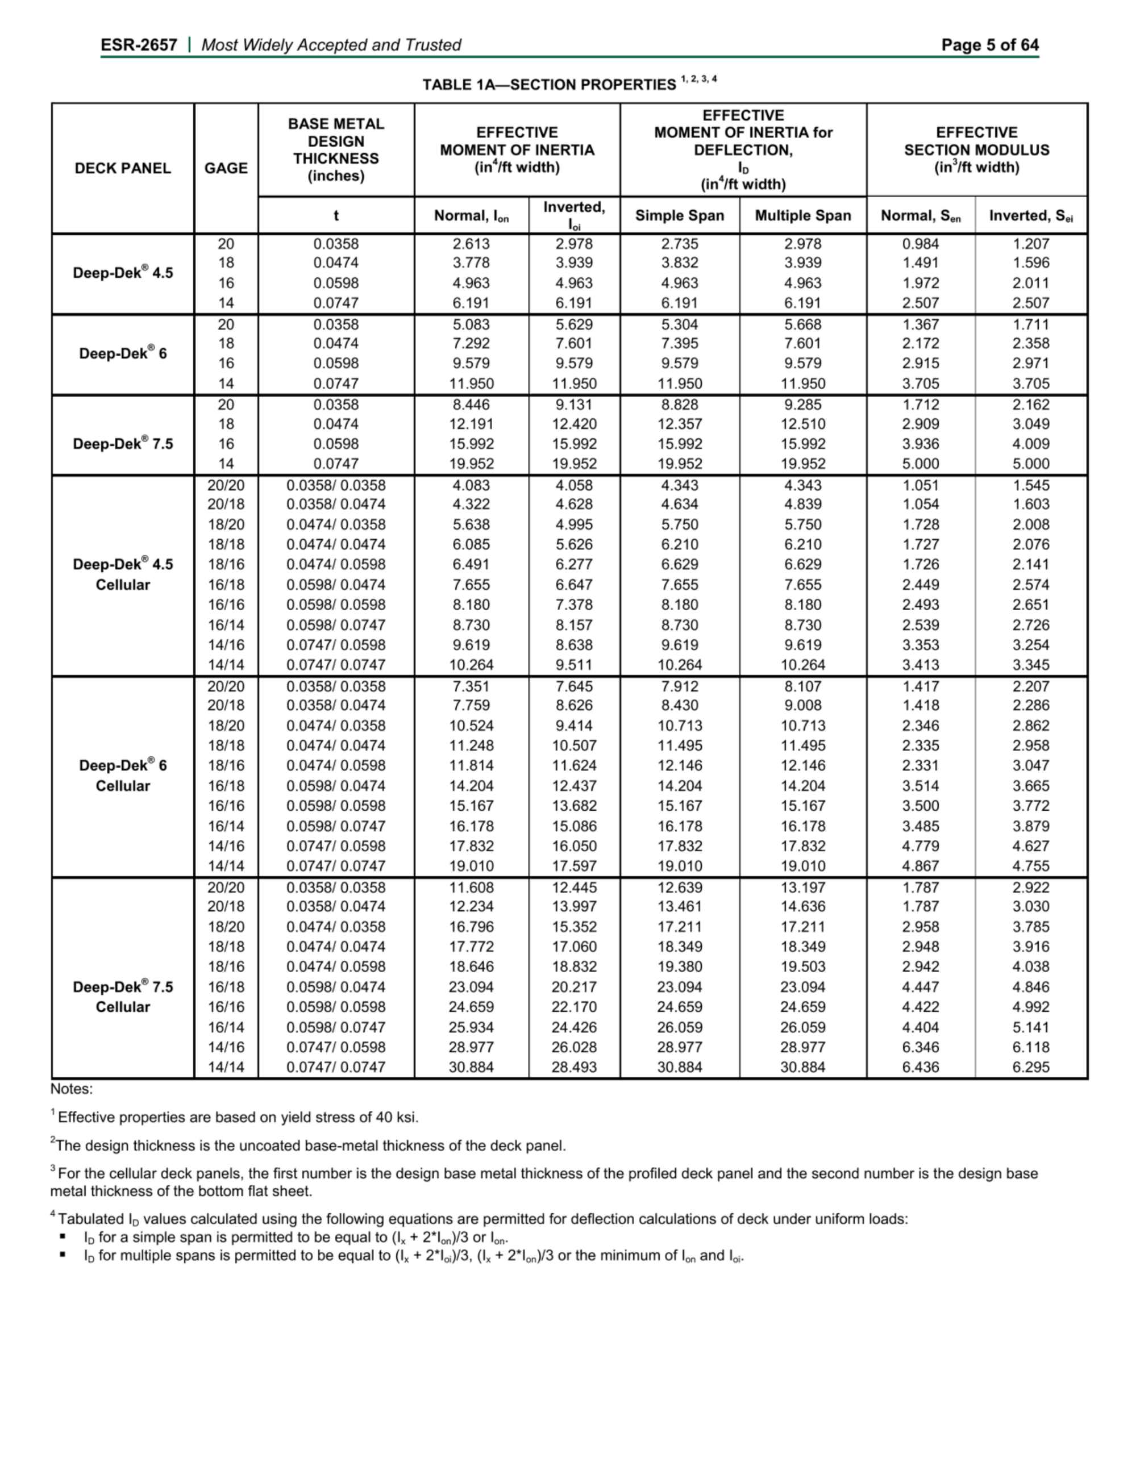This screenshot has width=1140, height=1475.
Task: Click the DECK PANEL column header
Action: point(122,168)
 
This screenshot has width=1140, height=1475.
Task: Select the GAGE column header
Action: point(226,168)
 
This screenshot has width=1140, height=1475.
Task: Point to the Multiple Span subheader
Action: point(802,215)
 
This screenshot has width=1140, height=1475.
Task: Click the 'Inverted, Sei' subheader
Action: point(1030,215)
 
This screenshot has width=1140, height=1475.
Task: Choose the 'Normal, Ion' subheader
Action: point(471,215)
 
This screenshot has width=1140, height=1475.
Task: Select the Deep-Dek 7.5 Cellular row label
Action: point(122,997)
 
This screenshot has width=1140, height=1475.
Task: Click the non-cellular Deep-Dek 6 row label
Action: point(122,353)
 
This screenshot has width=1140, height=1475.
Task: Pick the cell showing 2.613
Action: point(471,244)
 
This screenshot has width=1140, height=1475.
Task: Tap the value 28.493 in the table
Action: point(573,1067)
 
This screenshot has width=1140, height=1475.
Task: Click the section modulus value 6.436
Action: point(920,1067)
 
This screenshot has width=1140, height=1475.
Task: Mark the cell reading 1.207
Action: point(1030,244)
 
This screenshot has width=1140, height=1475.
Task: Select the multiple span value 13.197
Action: point(802,888)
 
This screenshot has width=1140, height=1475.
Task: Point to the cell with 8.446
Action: point(471,405)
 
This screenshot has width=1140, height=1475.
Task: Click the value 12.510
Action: point(802,424)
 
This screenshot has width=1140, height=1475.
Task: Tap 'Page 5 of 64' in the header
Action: point(989,45)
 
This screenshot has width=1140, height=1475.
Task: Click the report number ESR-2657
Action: point(139,45)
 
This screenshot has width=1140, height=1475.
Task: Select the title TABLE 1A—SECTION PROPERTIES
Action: point(548,85)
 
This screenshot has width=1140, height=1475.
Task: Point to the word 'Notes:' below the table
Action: point(72,1089)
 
